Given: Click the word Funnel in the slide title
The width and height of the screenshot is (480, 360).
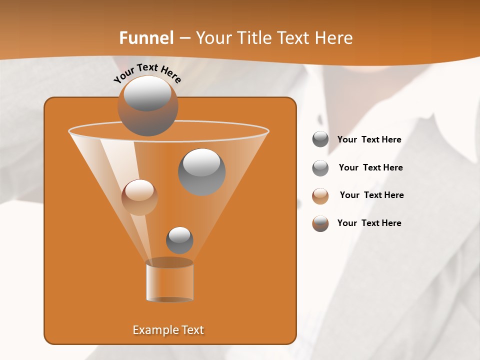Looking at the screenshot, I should point(146,38).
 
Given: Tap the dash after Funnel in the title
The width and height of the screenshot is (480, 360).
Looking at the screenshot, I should point(184,38).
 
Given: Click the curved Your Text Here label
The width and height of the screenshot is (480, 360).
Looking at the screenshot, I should point(147,73).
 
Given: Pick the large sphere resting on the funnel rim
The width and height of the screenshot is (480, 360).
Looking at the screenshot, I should point(147,106).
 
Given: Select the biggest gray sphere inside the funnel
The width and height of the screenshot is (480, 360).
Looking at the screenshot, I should point(201,171).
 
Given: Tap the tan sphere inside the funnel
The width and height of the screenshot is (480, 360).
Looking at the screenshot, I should point(139,197).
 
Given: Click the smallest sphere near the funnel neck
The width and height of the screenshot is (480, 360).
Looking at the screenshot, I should point(179,240).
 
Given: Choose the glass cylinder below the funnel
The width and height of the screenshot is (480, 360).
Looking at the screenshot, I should point(169,281).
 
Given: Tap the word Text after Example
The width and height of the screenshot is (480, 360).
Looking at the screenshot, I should point(192,330).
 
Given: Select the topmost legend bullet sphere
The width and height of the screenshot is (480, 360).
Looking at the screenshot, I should point(320,139).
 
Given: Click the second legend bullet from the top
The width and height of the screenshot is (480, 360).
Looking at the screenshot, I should point(320,168).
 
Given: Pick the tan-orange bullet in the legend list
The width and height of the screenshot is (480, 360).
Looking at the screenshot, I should point(320,195).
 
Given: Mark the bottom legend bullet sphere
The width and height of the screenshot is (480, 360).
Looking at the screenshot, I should point(320,223).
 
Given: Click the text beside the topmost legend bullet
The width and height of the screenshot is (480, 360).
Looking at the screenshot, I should point(369,140).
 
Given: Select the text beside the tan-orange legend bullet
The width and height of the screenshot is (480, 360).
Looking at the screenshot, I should point(371,195).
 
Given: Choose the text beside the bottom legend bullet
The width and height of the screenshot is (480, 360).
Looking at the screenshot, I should point(369,223).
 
